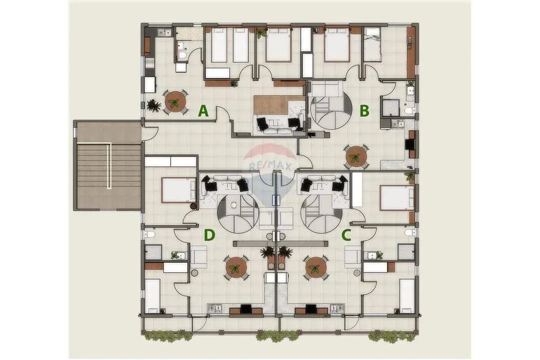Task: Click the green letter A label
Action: click(x=203, y=111)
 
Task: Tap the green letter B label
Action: click(x=364, y=111)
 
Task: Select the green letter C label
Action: click(x=346, y=235)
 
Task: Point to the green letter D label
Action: click(x=210, y=235)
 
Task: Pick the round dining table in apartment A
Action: click(x=175, y=102)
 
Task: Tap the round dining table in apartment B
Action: click(x=356, y=157)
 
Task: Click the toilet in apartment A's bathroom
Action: click(x=182, y=55)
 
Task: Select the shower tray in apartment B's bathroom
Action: click(x=390, y=107)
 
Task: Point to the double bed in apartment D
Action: click(x=178, y=189)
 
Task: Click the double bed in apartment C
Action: click(x=397, y=198)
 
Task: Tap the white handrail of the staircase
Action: click(x=109, y=167)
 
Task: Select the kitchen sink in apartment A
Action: click(x=164, y=32)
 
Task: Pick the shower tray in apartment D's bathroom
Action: click(x=153, y=252)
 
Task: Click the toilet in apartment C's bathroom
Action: click(x=410, y=233)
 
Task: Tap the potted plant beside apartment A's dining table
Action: click(x=153, y=105)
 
